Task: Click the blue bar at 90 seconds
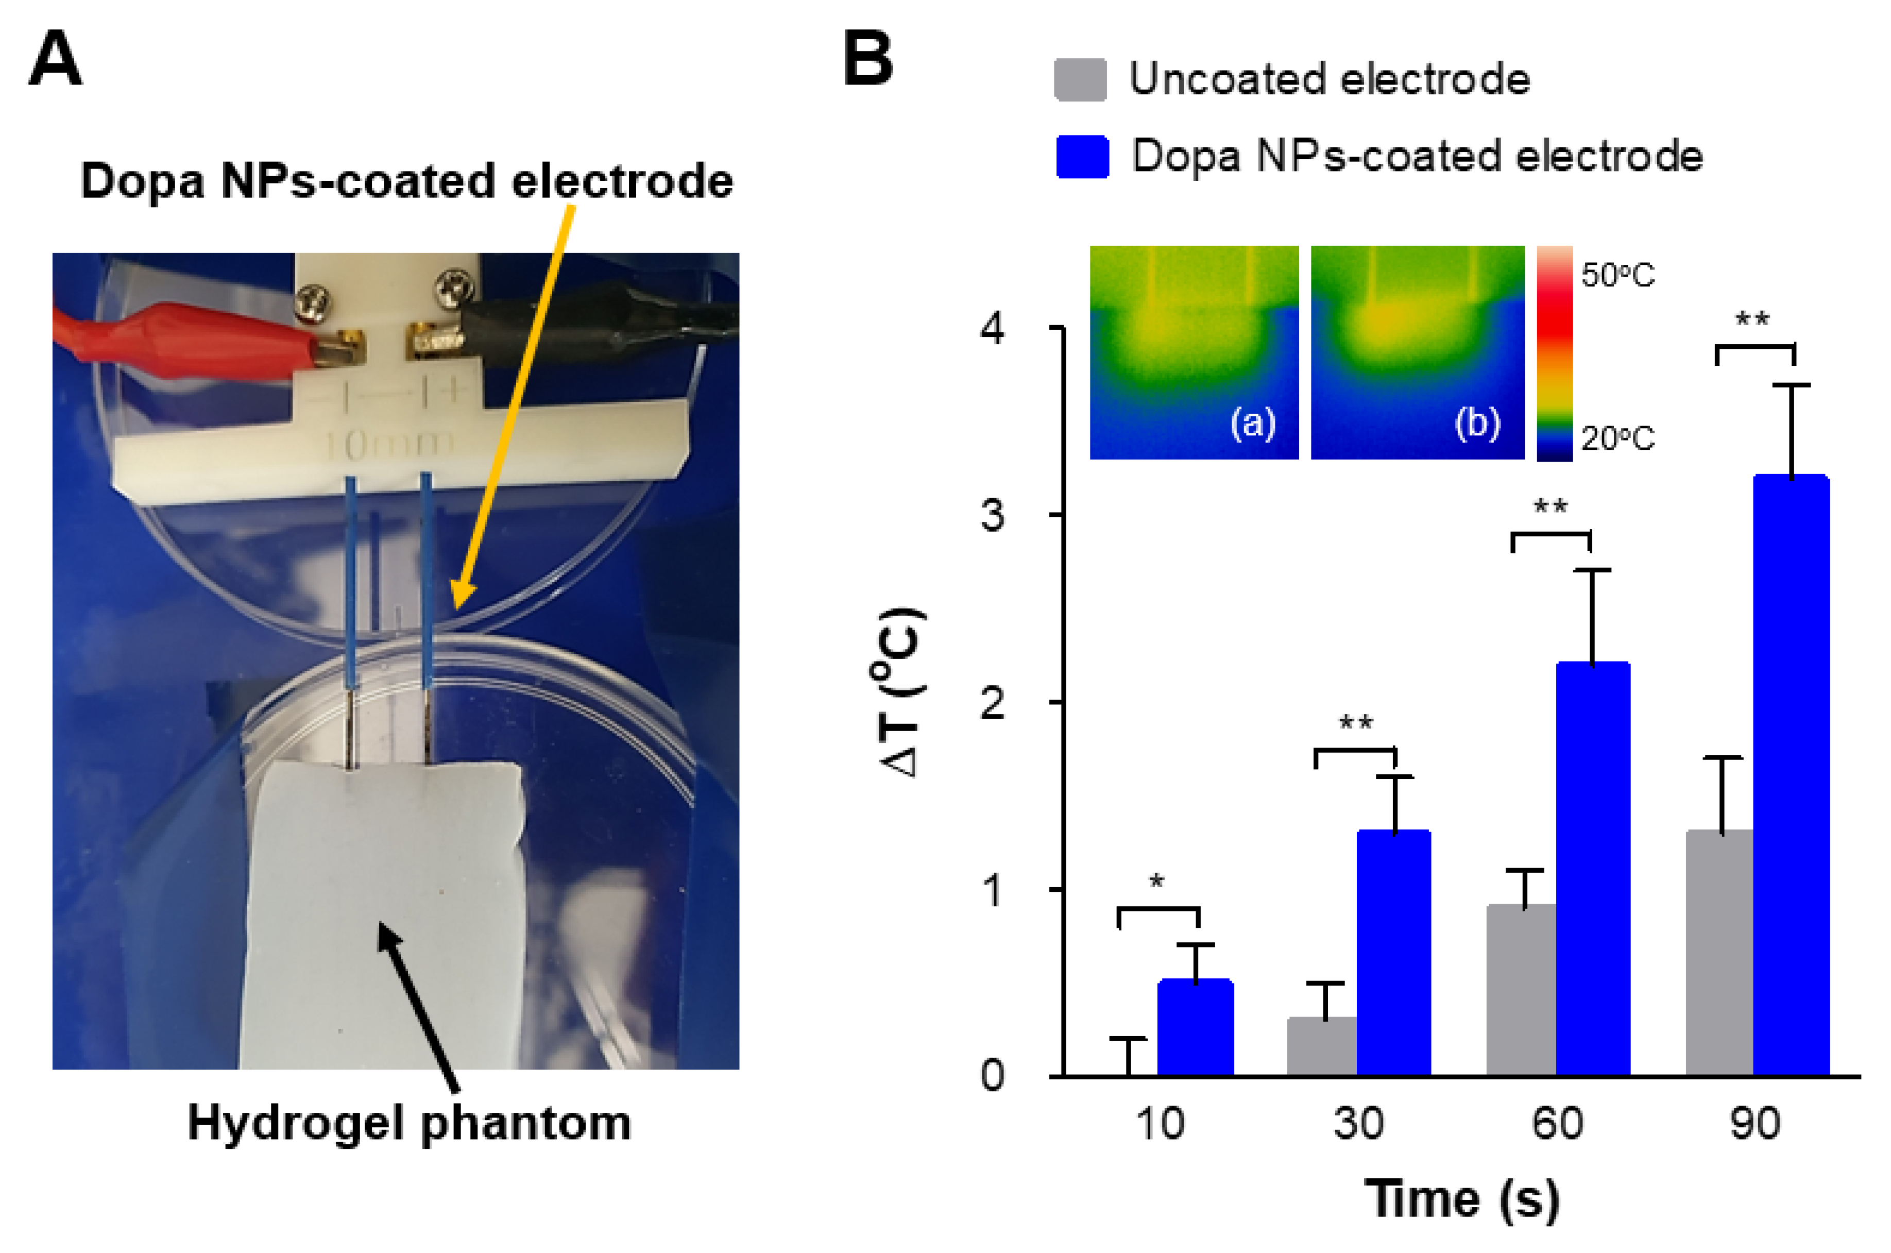coord(1791,775)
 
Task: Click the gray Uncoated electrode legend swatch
coord(1080,80)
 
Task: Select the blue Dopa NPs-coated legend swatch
coord(1082,157)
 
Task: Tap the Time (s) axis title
coord(1461,1199)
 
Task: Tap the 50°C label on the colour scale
coord(1617,276)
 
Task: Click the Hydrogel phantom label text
coord(409,1123)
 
